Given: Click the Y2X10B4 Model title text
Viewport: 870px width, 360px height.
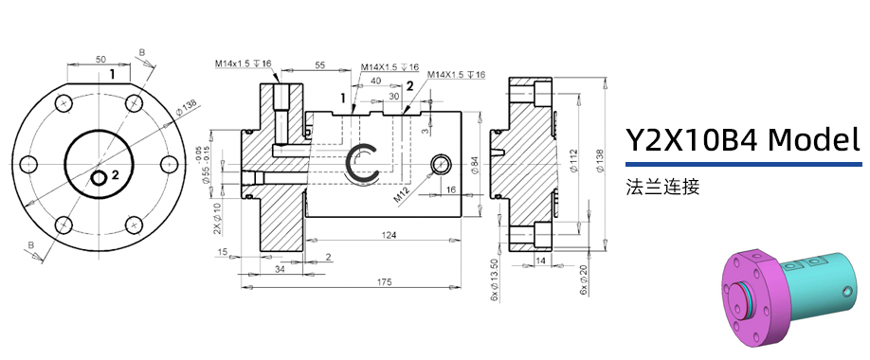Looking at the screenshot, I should [x=742, y=140].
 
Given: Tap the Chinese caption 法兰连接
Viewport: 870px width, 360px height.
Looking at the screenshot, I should [x=662, y=187].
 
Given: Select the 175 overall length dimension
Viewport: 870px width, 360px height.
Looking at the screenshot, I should [x=357, y=283].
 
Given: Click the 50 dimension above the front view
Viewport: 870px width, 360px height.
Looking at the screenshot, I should [x=101, y=60].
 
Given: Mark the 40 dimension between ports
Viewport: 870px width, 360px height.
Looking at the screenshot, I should [x=377, y=81].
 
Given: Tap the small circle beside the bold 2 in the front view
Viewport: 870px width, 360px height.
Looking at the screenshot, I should [x=99, y=177].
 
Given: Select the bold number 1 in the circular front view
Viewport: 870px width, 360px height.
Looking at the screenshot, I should [x=112, y=73].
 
